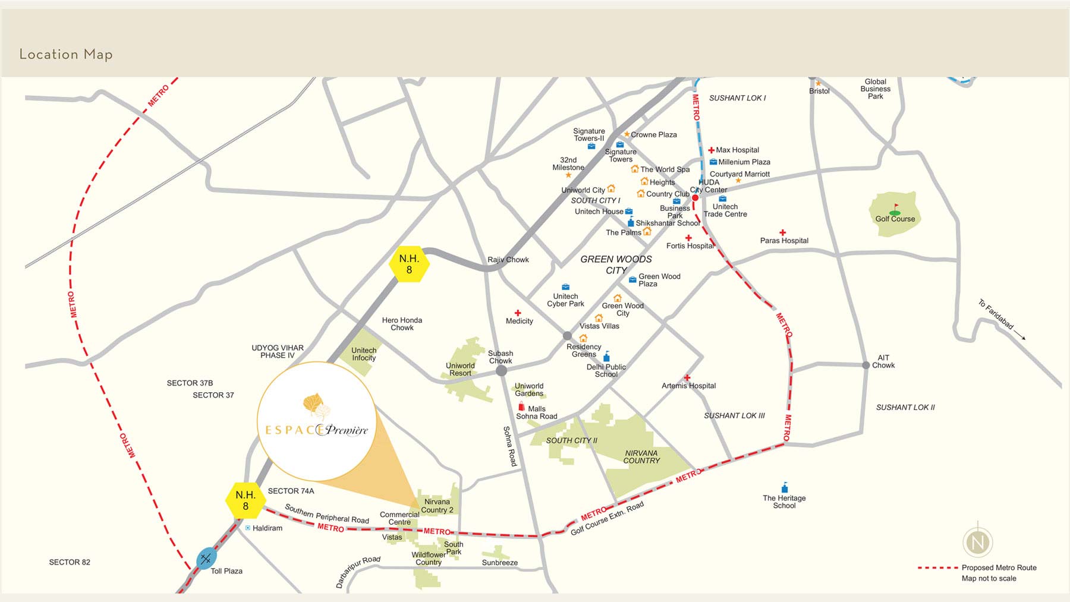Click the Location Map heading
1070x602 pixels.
coord(66,54)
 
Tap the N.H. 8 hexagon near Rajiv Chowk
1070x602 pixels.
coord(409,264)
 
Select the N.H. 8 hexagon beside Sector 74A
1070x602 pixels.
coord(246,500)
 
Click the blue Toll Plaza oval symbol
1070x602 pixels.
coord(206,559)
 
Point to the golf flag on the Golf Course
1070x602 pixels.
coord(895,209)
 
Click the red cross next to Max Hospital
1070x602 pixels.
coord(711,150)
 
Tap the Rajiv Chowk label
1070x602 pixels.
coord(508,260)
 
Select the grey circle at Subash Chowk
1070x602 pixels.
coord(501,371)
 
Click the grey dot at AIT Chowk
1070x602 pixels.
coord(866,365)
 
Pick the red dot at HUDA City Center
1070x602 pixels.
coord(695,198)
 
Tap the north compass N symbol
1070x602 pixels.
coord(977,542)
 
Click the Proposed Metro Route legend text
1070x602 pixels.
coord(999,568)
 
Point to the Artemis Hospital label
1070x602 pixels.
coord(688,386)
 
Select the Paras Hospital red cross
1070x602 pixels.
coord(783,232)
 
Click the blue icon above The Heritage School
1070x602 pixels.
coord(785,488)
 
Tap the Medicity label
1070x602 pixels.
coord(519,321)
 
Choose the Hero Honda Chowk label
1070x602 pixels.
coord(402,324)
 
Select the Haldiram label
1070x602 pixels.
coord(267,528)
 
